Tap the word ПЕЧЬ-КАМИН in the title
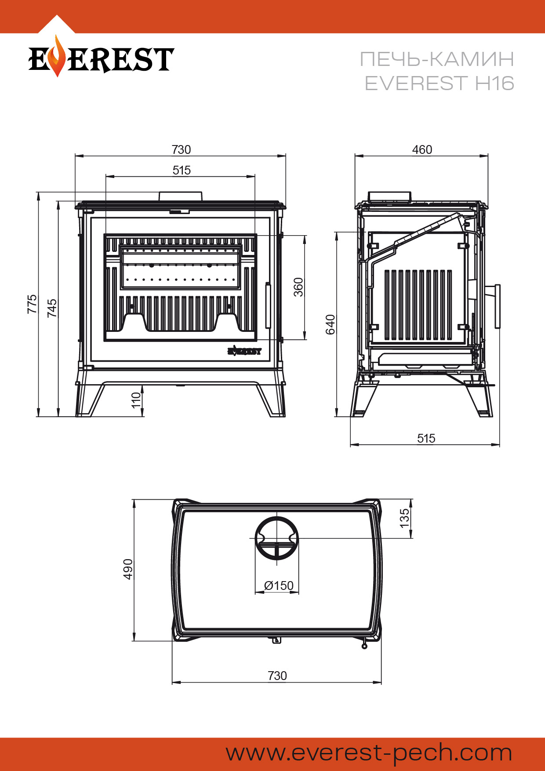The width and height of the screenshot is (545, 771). pos(437,59)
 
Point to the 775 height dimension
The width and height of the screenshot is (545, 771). pos(32,304)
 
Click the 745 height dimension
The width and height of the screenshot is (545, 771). pos(52,308)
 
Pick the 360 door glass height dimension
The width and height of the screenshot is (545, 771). pos(298,287)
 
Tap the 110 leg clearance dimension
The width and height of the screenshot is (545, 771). pos(136,400)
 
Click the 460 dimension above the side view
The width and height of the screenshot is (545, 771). pos(422,150)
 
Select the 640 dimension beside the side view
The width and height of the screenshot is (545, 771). pos(330,324)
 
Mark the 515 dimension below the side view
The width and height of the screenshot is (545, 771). pos(426,438)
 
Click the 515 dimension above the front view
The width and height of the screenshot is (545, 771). pos(182,171)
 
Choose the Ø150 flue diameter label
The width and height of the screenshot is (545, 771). pos(279,586)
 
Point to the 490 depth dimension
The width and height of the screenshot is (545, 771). pos(128,569)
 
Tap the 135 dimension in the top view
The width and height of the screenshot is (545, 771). pos(404,518)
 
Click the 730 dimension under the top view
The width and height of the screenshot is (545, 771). pos(277,676)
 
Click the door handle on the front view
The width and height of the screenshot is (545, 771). pos(268,305)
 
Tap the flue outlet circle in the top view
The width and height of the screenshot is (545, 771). pos(277,538)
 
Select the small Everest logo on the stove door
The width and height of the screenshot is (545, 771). pos(244,351)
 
